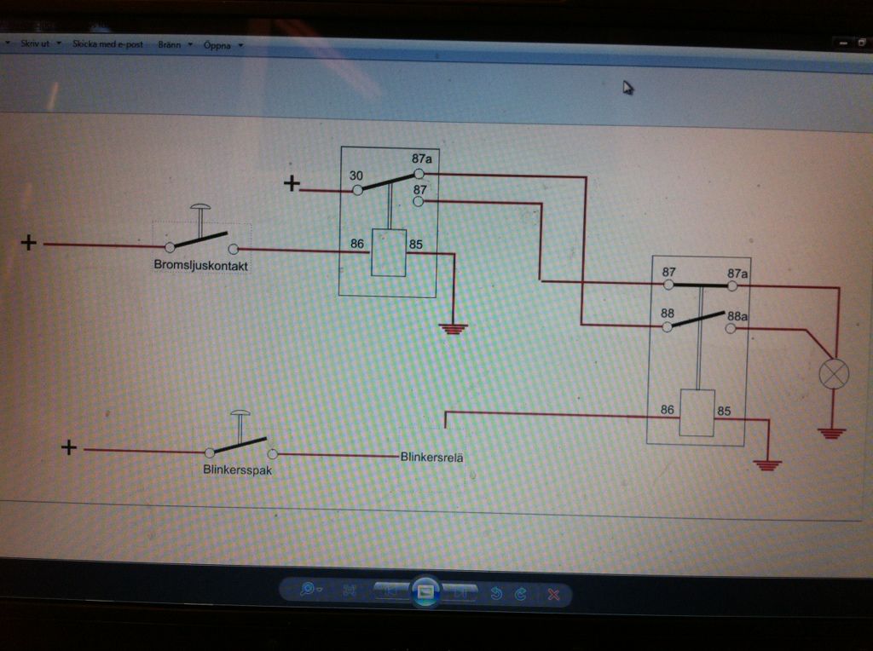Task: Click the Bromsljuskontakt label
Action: pyautogui.click(x=201, y=266)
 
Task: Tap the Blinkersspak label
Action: pyautogui.click(x=237, y=470)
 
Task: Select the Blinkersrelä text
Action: pyautogui.click(x=432, y=457)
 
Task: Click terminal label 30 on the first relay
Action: pyautogui.click(x=356, y=176)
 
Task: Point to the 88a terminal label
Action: pyautogui.click(x=737, y=316)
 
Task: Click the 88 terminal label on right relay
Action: pyautogui.click(x=668, y=314)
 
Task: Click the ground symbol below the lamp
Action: pyautogui.click(x=832, y=433)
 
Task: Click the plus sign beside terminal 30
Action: pyautogui.click(x=292, y=182)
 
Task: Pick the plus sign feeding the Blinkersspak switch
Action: pyautogui.click(x=70, y=447)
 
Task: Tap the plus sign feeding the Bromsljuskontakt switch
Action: pyautogui.click(x=29, y=244)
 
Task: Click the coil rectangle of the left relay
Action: pyautogui.click(x=389, y=253)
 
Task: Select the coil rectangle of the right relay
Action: pyautogui.click(x=697, y=412)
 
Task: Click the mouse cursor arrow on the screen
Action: pyautogui.click(x=627, y=87)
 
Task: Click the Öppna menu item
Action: pyautogui.click(x=218, y=44)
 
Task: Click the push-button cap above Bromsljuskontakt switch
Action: pyautogui.click(x=201, y=208)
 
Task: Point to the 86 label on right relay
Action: pyautogui.click(x=668, y=410)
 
